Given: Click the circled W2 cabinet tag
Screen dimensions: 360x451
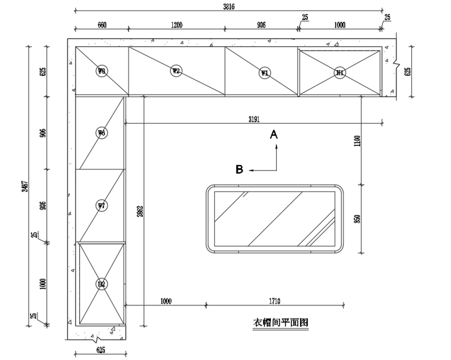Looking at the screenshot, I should (x=176, y=70).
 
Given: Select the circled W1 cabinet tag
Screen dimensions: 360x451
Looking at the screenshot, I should (x=265, y=73).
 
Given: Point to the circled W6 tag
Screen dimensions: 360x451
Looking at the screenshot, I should (x=101, y=133).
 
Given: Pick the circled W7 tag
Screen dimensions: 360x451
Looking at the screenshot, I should (x=101, y=205).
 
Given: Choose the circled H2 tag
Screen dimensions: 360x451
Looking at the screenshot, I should (x=101, y=284).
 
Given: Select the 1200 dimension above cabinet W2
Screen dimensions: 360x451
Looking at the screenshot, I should (x=177, y=25).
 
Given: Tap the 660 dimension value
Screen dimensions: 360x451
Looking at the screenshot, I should (x=102, y=25).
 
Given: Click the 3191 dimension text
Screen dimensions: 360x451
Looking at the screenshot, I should (x=254, y=119).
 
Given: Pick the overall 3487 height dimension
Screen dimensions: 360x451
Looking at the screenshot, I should (x=25, y=186).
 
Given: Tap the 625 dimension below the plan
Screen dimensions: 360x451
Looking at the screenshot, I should (x=101, y=350).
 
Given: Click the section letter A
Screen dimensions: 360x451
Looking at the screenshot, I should (x=274, y=134).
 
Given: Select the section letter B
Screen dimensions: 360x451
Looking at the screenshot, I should (x=239, y=169).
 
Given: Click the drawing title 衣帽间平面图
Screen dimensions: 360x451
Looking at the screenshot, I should (x=281, y=322).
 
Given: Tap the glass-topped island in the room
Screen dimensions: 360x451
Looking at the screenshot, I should (x=275, y=219).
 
